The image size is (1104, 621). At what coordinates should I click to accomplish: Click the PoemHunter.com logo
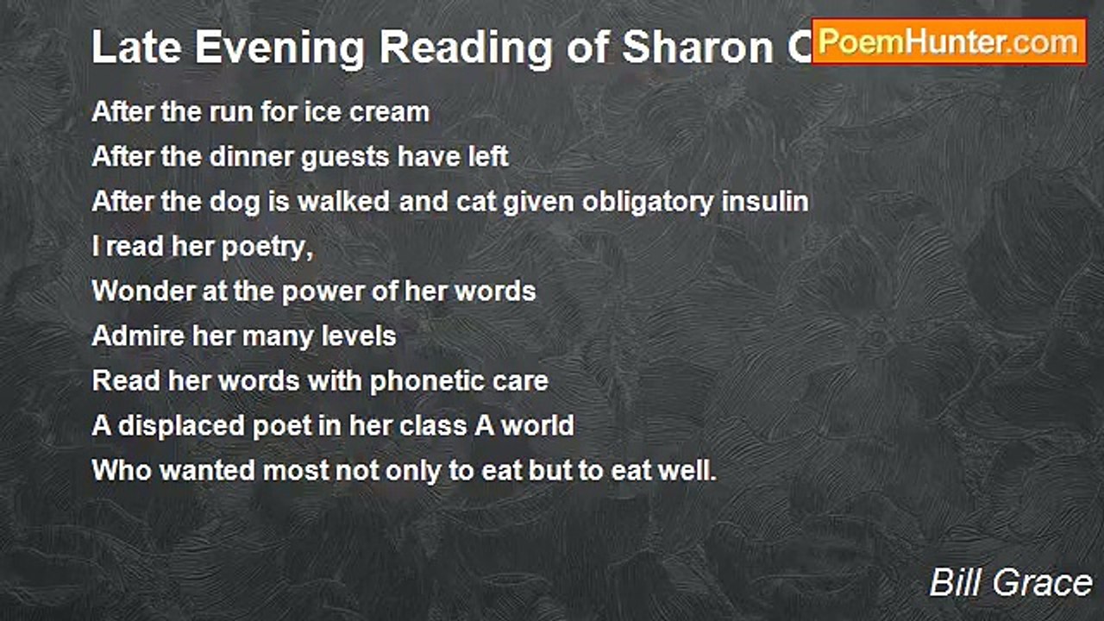pyautogui.click(x=949, y=41)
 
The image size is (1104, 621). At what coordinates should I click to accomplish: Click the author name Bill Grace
pyautogui.click(x=1010, y=583)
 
